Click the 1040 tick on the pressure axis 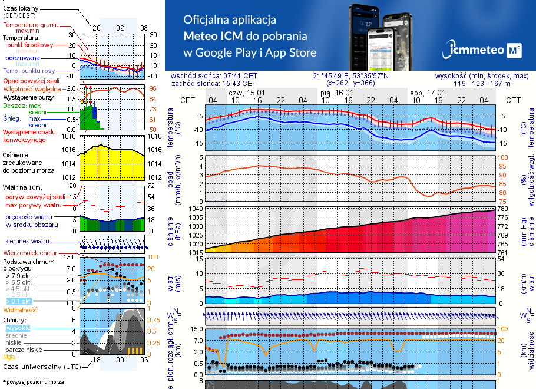coord(196,209)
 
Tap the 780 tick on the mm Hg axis coord(502,209)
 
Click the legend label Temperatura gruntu coord(31,25)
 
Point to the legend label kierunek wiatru coord(27,242)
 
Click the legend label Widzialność coord(21,309)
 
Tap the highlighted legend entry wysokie coord(16,328)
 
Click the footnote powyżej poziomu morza coord(32,382)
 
